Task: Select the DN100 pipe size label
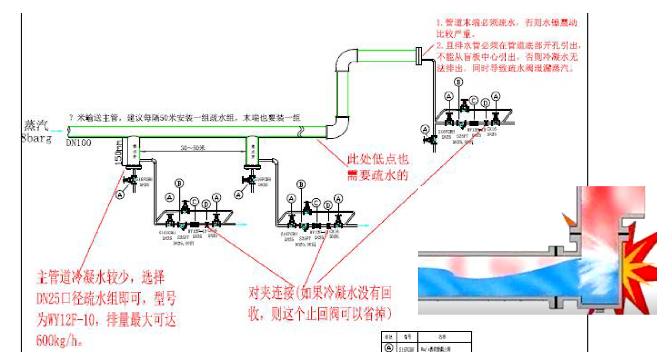(x=79, y=143)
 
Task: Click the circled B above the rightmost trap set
(x=459, y=82)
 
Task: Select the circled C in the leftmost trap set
(x=194, y=201)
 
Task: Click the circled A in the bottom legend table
(x=389, y=348)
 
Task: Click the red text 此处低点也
(x=377, y=159)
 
